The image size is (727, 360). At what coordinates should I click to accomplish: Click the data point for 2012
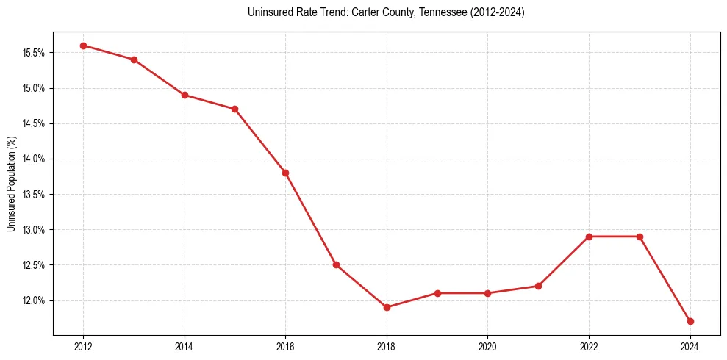tap(83, 46)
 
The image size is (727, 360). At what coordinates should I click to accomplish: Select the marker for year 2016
tap(285, 173)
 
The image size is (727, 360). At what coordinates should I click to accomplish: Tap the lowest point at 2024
tap(690, 321)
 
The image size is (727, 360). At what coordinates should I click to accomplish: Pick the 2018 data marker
tap(387, 307)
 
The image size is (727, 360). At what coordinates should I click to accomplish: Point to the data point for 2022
tap(589, 237)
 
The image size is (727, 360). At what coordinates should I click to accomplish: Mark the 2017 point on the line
tap(336, 264)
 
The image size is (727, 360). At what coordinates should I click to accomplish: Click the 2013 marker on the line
tap(134, 60)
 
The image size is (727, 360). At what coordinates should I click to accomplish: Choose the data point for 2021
tap(538, 286)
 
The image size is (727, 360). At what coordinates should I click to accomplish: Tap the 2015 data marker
tap(234, 109)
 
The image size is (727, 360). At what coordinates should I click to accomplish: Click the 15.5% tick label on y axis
tap(35, 53)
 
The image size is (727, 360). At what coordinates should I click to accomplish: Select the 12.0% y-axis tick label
tap(35, 300)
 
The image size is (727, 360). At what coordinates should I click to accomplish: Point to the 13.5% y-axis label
tap(35, 195)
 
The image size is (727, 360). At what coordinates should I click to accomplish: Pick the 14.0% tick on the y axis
tap(35, 159)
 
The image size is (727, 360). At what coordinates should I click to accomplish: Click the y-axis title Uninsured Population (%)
tap(12, 184)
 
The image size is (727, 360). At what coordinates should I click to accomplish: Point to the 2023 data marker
tap(640, 237)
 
